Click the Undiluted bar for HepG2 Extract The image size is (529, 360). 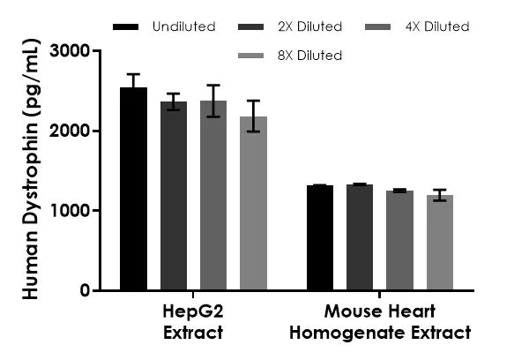133,190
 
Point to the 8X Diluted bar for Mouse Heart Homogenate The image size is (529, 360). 439,243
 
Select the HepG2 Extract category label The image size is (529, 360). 192,322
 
